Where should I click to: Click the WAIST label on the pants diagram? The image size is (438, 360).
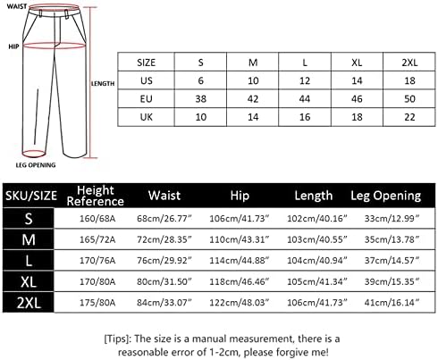[16, 6]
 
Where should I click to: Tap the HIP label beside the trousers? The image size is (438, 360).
[13, 46]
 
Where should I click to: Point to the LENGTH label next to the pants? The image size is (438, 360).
[103, 84]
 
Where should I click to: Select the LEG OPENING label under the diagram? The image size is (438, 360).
[36, 165]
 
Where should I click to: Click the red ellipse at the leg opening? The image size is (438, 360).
[33, 154]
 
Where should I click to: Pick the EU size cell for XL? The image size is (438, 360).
[357, 99]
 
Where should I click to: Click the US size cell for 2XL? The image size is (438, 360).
[409, 80]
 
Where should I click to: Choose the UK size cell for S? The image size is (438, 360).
[200, 117]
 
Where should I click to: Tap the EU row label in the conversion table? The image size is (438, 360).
[146, 99]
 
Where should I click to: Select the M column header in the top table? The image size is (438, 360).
[253, 63]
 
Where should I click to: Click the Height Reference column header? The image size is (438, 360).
[96, 196]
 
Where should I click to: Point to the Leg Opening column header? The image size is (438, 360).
[386, 196]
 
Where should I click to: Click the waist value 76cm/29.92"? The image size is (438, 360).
[164, 260]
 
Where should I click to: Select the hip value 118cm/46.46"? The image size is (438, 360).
[240, 281]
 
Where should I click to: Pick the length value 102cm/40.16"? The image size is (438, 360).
[317, 219]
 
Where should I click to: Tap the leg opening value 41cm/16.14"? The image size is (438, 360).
[392, 303]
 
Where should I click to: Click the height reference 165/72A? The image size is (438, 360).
[97, 239]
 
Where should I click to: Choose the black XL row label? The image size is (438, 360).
[29, 281]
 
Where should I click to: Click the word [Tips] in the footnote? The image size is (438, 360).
[117, 339]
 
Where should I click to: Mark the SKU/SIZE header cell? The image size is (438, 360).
[31, 196]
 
